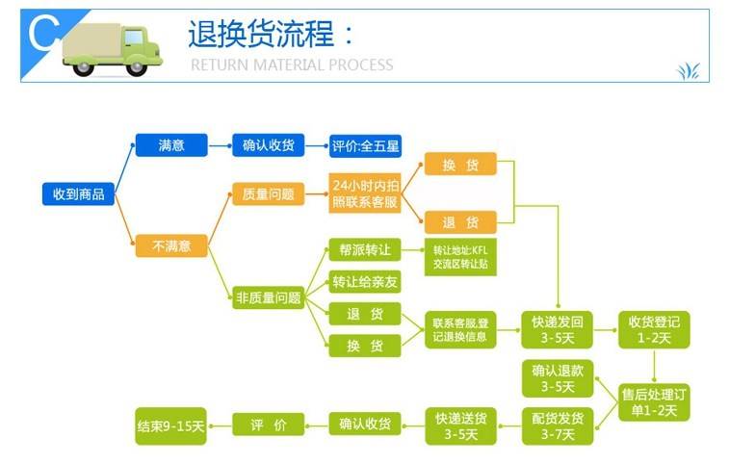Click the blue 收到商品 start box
[x=78, y=193]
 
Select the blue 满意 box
[x=171, y=145]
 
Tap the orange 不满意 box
[x=171, y=246]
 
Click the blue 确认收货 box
[x=268, y=145]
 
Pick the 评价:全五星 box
[x=365, y=146]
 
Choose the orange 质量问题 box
[x=268, y=193]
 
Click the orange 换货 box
[x=460, y=165]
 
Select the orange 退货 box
[x=460, y=221]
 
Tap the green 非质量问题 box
[x=268, y=297]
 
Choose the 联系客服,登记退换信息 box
[x=460, y=329]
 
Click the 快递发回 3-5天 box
[x=558, y=329]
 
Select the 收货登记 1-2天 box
[x=654, y=329]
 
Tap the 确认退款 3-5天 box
[x=558, y=378]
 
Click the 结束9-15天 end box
[x=171, y=425]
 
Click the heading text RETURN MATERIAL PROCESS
[x=292, y=65]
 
